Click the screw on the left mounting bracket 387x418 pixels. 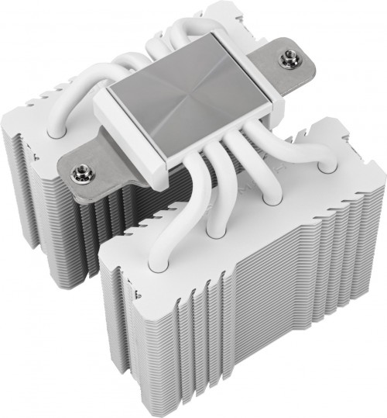click(78, 171)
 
